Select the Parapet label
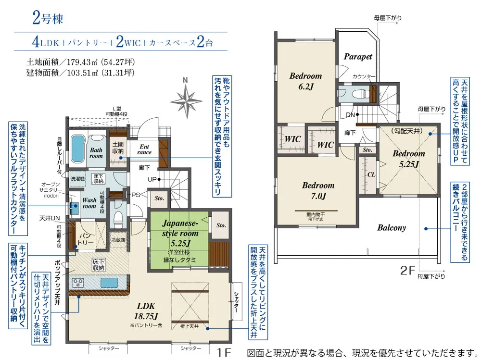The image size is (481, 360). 358,56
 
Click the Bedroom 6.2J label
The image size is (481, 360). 305,81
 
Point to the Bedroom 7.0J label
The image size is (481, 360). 318,190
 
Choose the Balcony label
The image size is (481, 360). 391,228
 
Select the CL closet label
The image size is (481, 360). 371,174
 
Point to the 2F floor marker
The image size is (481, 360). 407,271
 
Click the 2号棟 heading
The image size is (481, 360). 48,20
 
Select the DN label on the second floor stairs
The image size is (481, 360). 350,115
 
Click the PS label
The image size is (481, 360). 136,195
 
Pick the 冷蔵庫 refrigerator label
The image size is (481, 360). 118,239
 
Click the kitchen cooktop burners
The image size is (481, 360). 78,282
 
